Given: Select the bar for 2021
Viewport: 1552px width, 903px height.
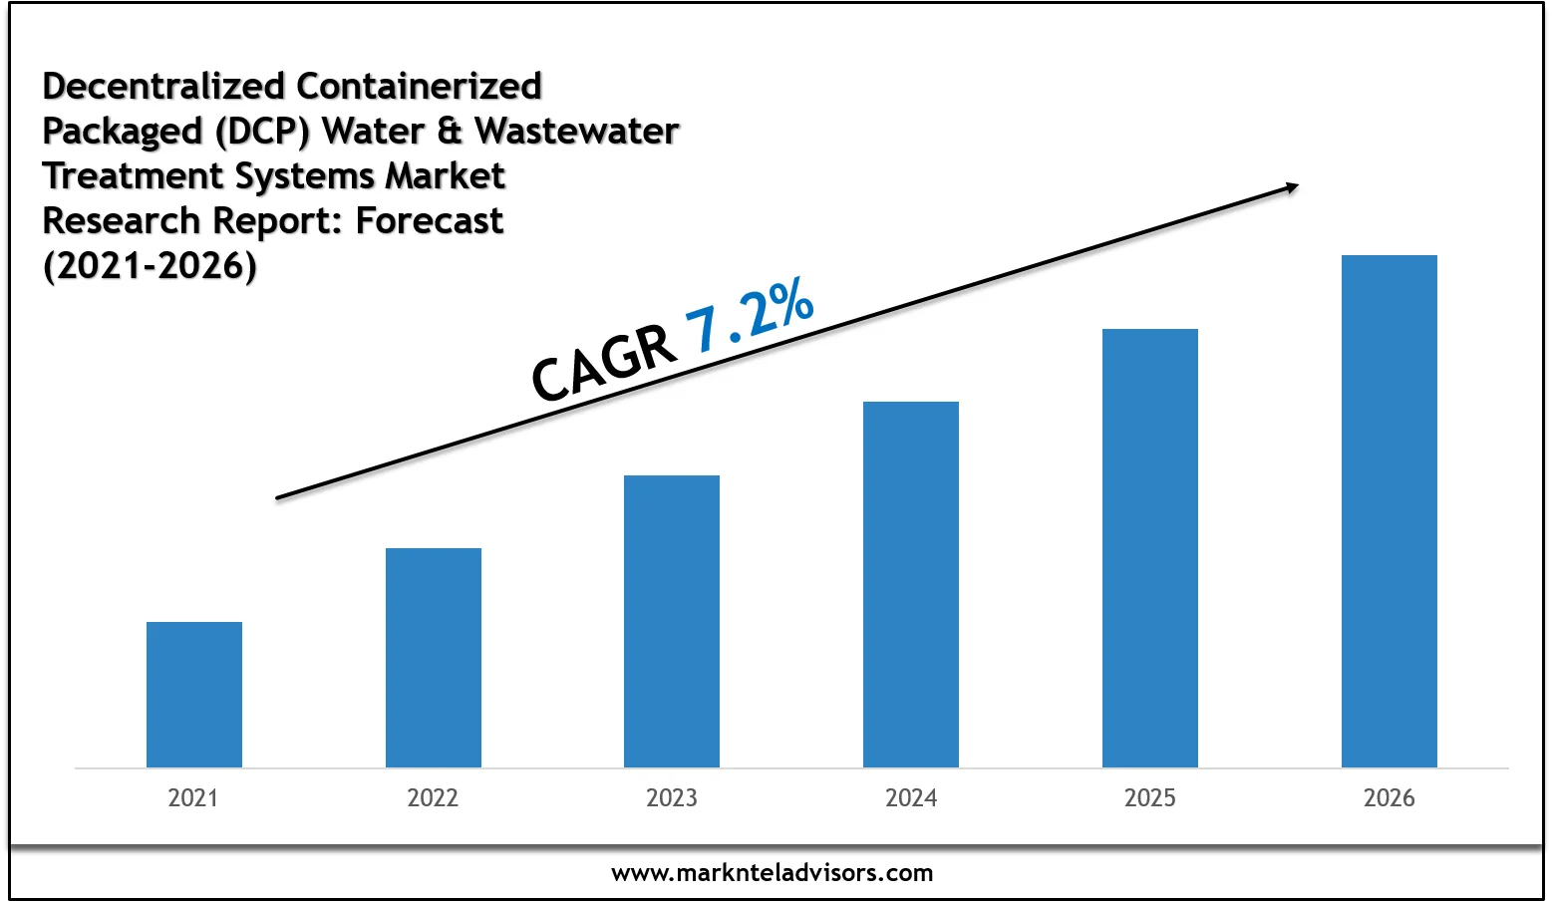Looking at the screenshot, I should point(194,695).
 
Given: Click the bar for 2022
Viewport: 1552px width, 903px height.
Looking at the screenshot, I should point(434,658).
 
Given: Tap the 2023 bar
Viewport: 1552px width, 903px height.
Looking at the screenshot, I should point(672,621).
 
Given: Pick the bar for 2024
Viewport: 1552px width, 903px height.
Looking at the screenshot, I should point(911,584).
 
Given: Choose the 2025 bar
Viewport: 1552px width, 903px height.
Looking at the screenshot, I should point(1150,548).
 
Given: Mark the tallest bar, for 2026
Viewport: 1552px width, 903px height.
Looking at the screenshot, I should point(1390,511).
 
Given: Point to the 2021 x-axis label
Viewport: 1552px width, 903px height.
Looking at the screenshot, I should point(193,798).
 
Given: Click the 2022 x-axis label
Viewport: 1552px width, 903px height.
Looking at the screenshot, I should point(433,798).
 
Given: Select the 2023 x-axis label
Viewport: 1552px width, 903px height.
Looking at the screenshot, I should point(672,798).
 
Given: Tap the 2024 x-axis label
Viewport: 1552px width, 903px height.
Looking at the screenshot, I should point(911,798).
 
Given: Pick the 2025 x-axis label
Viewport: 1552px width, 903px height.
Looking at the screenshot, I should point(1150,798).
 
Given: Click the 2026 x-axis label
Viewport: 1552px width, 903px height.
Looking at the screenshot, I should point(1390,798).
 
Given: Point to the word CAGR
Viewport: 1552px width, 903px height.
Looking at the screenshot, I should point(603,364).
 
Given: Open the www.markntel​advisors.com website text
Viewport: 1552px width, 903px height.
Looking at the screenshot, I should point(773,873).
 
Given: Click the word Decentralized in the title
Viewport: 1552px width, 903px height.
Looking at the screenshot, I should point(164,86).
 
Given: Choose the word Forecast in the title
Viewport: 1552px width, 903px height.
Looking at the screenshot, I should point(430,220).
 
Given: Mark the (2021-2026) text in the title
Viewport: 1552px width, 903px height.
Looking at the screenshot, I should point(150,265).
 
